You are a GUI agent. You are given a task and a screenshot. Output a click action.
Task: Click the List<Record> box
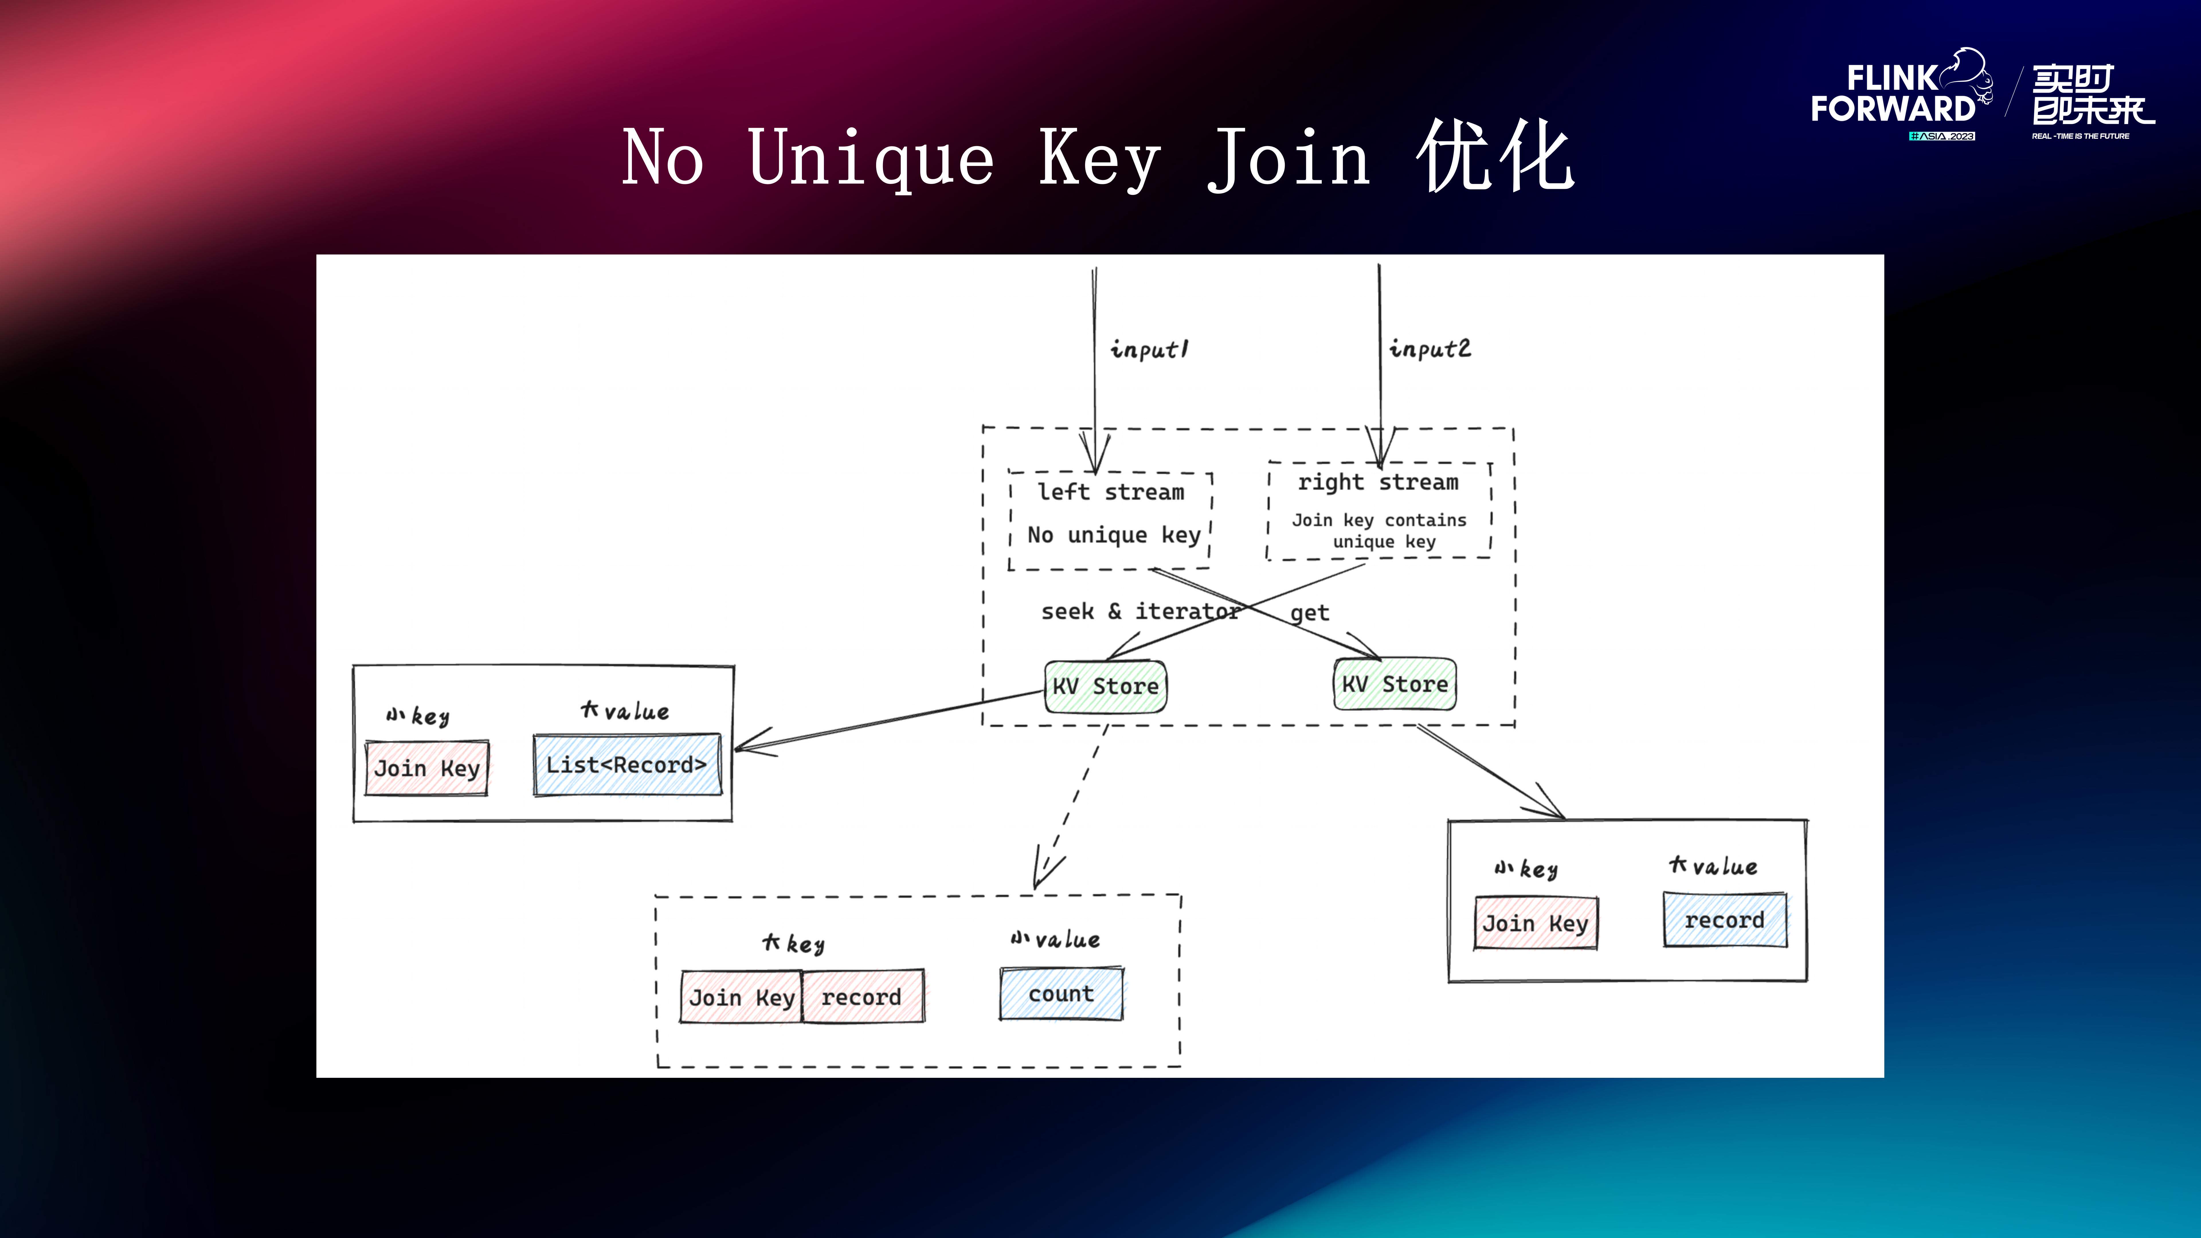pos(626,765)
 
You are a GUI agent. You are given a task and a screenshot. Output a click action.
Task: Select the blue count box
pos(1061,994)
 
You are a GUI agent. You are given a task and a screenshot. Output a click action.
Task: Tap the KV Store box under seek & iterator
pos(1106,686)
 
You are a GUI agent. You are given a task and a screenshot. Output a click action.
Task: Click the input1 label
pos(1148,349)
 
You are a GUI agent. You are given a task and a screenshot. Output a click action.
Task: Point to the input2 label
pos(1430,348)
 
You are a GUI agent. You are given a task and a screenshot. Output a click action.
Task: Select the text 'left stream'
pos(1111,492)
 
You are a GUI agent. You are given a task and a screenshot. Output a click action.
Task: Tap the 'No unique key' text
pos(1113,535)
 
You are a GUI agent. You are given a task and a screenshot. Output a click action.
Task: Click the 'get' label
pos(1309,613)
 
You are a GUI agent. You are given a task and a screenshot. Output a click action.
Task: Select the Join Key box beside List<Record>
pos(426,768)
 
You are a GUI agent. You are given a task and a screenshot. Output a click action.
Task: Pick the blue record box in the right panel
pos(1724,920)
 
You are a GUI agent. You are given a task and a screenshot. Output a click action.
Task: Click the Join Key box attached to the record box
pos(741,997)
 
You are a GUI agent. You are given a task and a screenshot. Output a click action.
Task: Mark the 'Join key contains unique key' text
pos(1379,530)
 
